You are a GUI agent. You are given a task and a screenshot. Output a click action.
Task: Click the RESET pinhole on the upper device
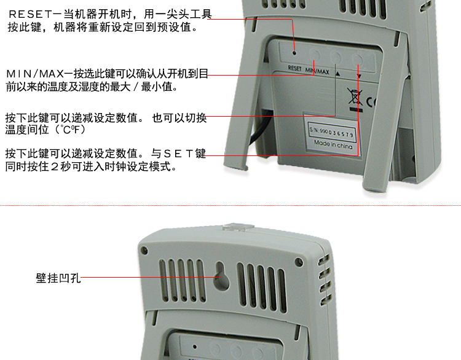294,53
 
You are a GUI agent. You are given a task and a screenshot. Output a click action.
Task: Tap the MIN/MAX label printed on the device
317,71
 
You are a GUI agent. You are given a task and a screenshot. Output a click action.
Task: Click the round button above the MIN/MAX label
314,55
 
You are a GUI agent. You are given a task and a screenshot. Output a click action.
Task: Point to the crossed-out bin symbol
355,96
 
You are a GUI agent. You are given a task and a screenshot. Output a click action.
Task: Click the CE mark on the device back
371,101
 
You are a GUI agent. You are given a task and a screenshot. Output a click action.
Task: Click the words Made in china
333,144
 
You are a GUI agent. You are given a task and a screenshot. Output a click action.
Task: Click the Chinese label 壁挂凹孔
58,278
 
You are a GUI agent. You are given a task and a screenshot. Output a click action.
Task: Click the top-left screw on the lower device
144,251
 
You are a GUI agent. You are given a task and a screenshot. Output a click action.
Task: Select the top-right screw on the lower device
298,261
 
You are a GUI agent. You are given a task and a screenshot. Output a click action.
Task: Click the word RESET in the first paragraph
30,14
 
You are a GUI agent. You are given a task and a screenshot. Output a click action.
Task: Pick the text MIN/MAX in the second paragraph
35,74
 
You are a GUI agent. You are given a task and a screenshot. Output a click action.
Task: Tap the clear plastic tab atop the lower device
237,227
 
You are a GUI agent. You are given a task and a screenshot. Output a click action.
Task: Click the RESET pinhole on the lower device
195,346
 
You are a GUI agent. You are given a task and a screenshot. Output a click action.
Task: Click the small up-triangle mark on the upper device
337,74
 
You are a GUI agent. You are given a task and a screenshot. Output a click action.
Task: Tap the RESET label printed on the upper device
294,68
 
